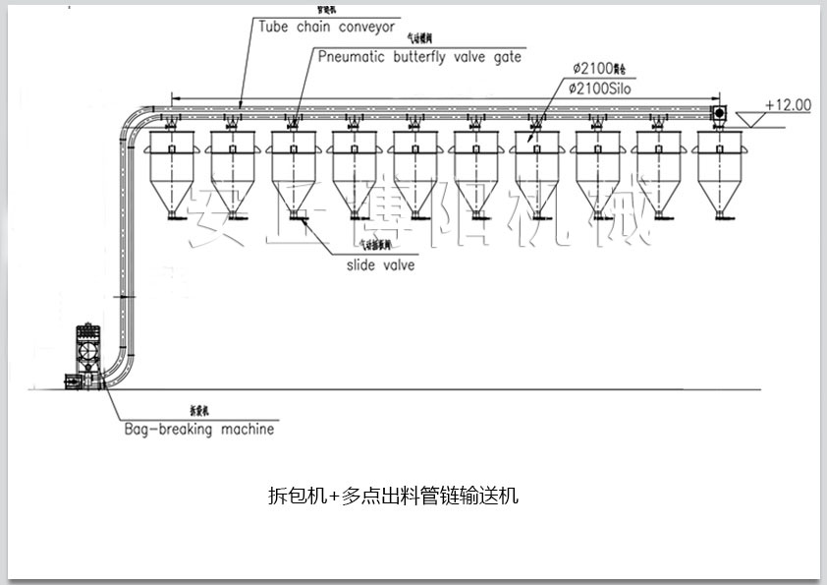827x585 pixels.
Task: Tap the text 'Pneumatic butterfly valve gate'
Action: (x=419, y=57)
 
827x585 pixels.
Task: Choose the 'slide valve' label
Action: (x=380, y=264)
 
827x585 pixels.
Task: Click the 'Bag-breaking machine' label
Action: (x=199, y=430)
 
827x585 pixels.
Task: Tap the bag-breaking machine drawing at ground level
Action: (x=85, y=355)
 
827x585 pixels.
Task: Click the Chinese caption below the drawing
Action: (x=393, y=496)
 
